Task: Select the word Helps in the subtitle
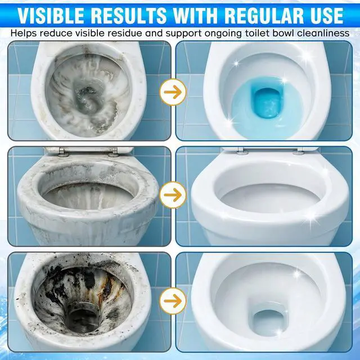click(x=24, y=34)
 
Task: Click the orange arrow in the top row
click(x=173, y=92)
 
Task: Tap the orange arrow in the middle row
click(x=173, y=195)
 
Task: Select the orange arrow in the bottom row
click(x=173, y=301)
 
